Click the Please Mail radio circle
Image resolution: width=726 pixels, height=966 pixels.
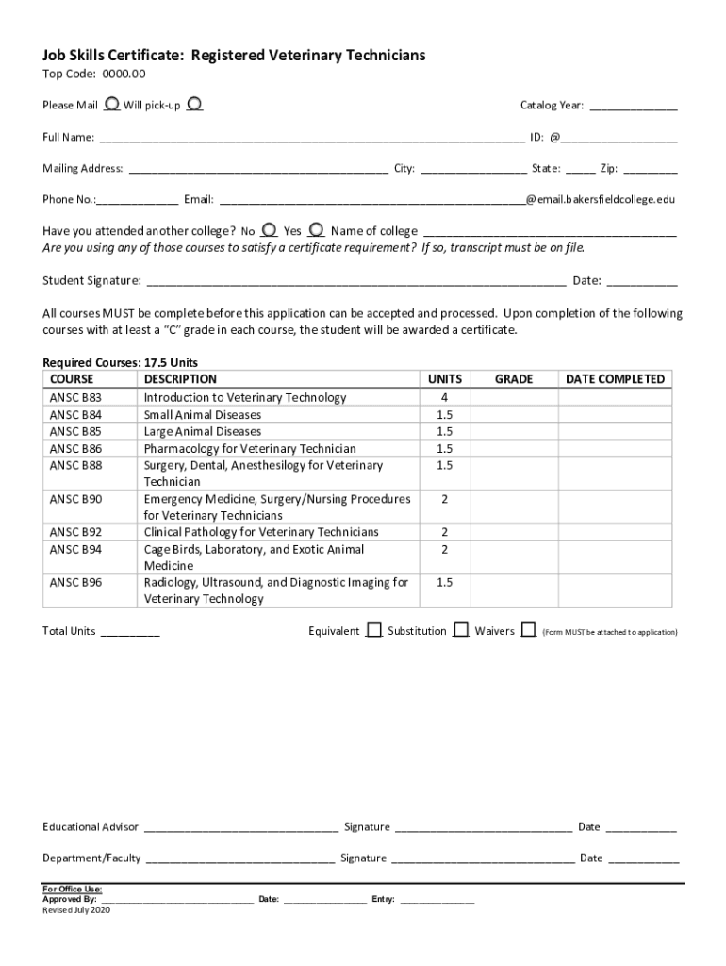tap(112, 103)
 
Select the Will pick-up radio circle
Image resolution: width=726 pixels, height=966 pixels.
tap(193, 103)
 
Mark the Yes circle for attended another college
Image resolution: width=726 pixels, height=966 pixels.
tap(316, 229)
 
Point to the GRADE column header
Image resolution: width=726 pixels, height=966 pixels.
tap(514, 379)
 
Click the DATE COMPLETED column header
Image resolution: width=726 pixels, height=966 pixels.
tap(616, 379)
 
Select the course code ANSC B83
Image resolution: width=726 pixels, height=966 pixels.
tap(75, 398)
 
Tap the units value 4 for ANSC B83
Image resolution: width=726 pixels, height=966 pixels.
tap(444, 398)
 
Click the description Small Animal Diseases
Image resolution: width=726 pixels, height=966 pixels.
tap(203, 415)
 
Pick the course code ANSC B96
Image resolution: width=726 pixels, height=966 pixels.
tap(75, 583)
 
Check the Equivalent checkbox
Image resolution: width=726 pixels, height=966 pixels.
tap(374, 629)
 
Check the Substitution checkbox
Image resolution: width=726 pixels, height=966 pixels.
tap(461, 629)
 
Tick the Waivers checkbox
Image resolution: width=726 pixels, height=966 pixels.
tap(528, 629)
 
